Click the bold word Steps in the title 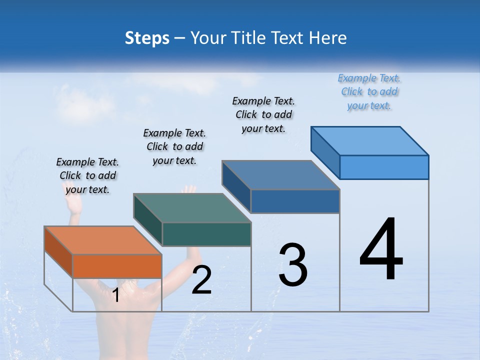pos(147,38)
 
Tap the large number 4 pos(381,249)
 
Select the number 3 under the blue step pos(293,265)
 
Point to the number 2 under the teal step pos(201,280)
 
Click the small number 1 pos(115,295)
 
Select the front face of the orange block pos(117,266)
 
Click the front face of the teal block pos(206,234)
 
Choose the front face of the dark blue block pos(295,201)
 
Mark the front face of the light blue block pos(384,167)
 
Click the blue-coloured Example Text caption pos(369,91)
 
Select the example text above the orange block pos(87,175)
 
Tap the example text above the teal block pos(174,146)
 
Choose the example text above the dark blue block pos(263,114)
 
